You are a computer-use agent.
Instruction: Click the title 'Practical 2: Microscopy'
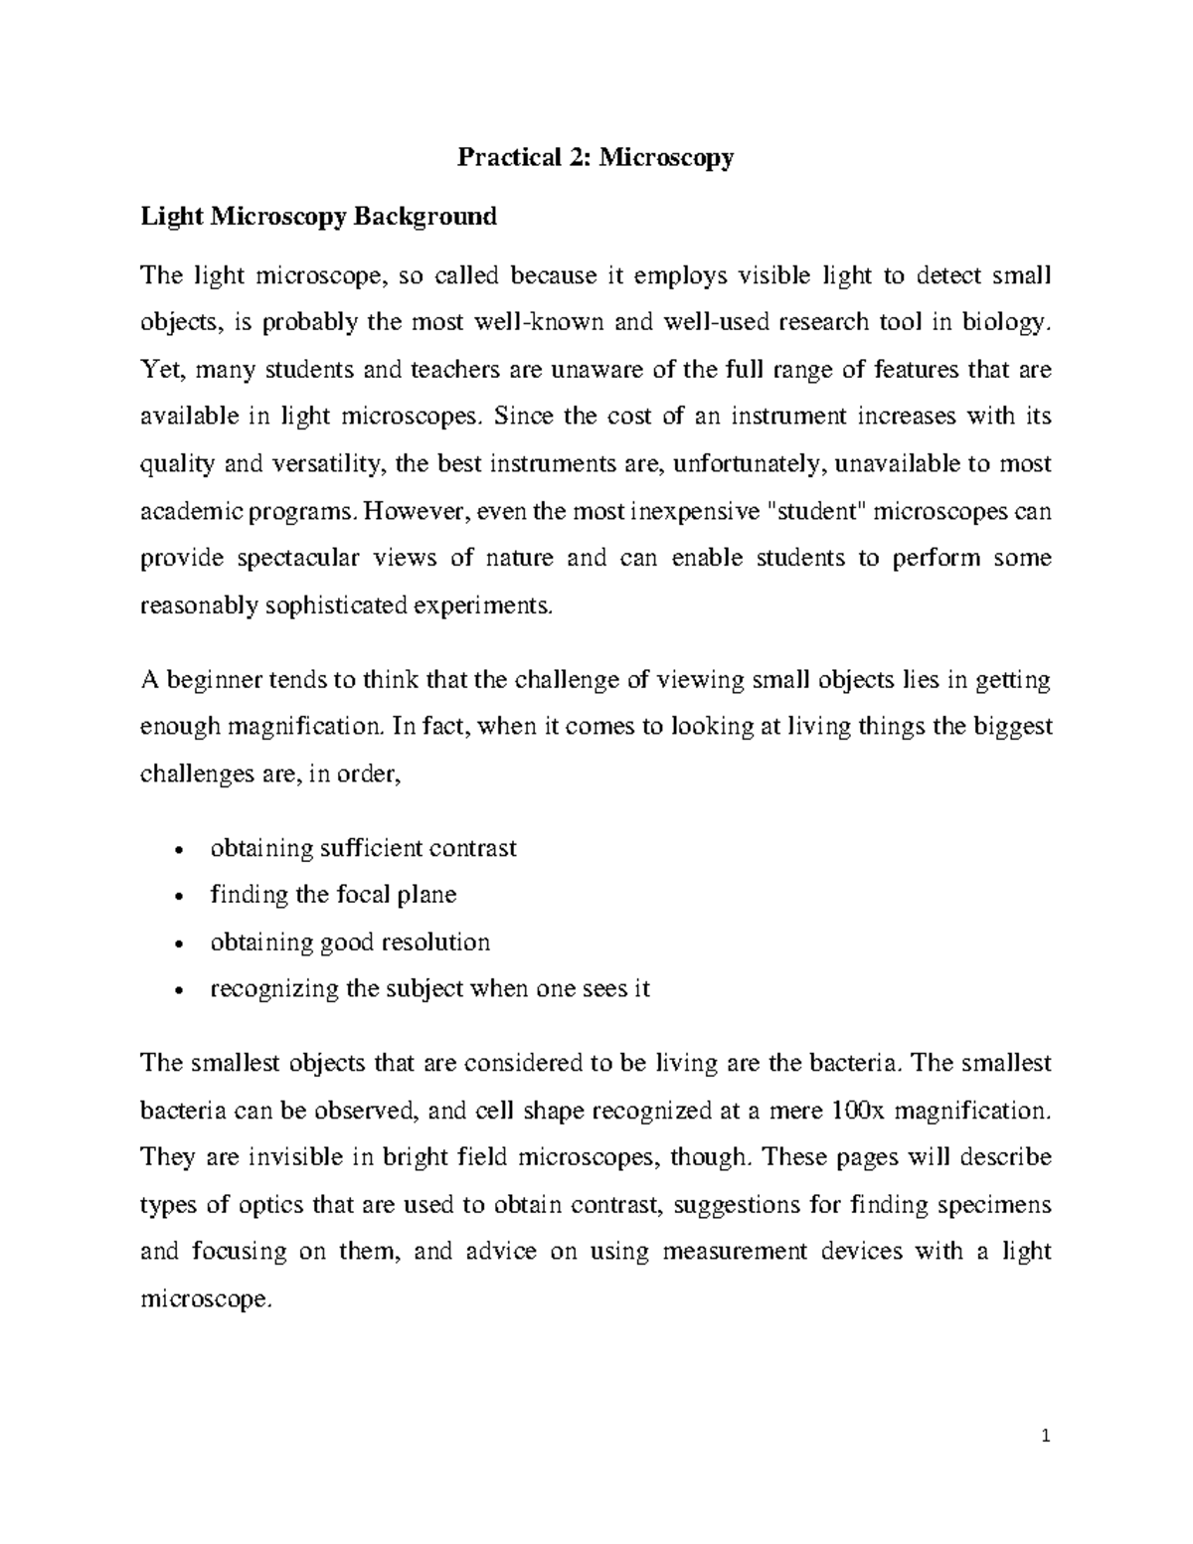(x=595, y=157)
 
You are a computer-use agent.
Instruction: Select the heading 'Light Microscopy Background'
(x=318, y=216)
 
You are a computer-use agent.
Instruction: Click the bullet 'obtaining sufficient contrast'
(x=363, y=848)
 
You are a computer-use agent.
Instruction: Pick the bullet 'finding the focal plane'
(x=333, y=895)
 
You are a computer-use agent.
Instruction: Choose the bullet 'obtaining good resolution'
(x=350, y=942)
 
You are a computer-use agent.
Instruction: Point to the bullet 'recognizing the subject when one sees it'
(x=429, y=989)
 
